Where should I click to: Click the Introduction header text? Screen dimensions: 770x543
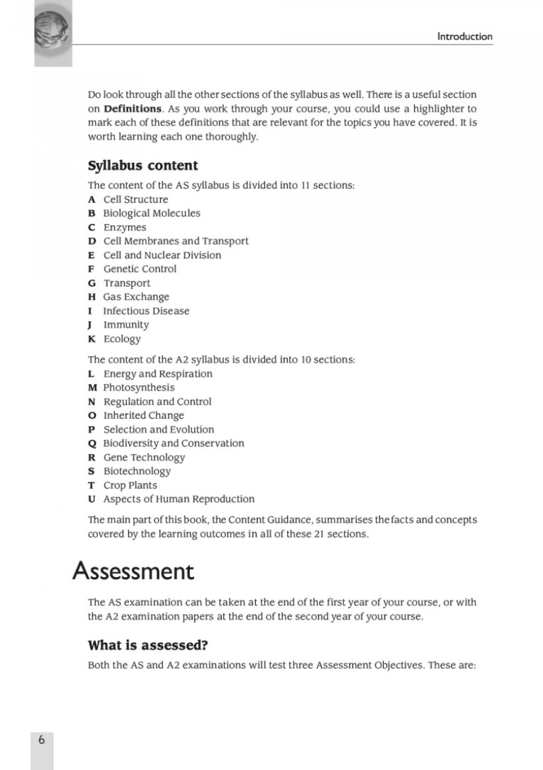(x=464, y=37)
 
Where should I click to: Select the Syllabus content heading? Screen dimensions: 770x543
(x=143, y=166)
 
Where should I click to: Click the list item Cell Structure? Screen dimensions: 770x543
(x=135, y=200)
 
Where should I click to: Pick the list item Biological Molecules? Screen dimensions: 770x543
(x=151, y=214)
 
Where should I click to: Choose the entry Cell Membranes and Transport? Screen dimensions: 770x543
(x=176, y=241)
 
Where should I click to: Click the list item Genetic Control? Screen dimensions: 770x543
(x=140, y=269)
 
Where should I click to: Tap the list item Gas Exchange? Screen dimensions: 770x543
(x=136, y=297)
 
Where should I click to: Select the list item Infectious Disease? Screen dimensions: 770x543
(x=146, y=311)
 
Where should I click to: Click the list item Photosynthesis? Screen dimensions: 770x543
(x=138, y=388)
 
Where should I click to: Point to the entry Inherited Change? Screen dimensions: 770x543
(x=143, y=416)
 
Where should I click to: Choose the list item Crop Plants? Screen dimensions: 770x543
(x=130, y=485)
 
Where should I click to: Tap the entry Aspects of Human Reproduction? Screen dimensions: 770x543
(x=178, y=499)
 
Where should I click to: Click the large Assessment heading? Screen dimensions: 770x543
(x=133, y=572)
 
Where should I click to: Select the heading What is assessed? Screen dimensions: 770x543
(x=144, y=646)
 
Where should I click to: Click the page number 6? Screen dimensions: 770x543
(x=42, y=739)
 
